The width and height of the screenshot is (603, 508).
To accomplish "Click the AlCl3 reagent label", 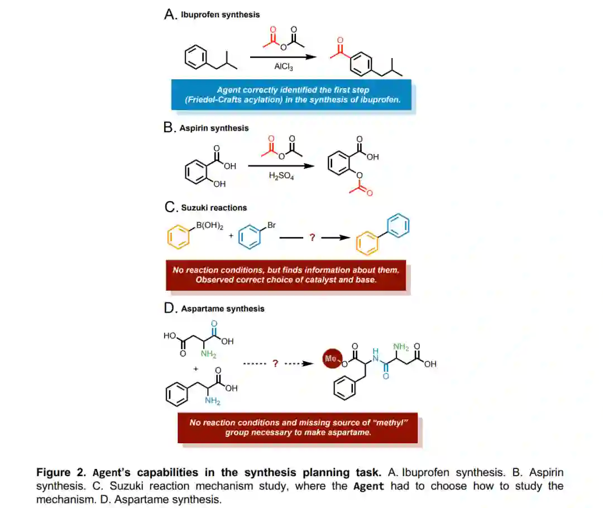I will click(284, 66).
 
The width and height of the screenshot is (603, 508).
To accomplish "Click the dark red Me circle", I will click(331, 359).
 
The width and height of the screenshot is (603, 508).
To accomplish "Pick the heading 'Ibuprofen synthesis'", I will click(219, 15).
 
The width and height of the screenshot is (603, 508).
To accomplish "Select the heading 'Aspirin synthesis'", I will click(214, 128).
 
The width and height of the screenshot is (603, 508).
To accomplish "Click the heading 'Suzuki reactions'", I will click(214, 208).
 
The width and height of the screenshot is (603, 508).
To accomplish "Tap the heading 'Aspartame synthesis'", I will click(223, 308).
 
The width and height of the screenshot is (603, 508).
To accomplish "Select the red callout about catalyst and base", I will click(286, 275).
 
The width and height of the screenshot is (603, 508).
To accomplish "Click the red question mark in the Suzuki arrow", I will click(312, 238).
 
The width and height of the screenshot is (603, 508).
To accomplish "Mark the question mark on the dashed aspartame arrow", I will click(275, 364).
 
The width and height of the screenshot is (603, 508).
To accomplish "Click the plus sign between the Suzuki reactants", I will click(229, 236).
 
